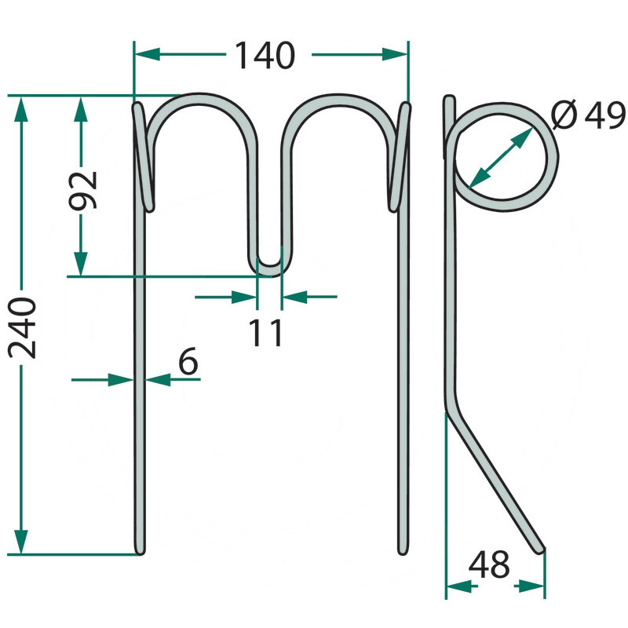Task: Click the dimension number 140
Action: click(x=265, y=55)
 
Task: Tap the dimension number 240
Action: click(x=22, y=327)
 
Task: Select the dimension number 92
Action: click(x=83, y=191)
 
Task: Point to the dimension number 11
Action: click(x=265, y=333)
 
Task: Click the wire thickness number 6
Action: click(x=188, y=361)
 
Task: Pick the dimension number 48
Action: click(x=489, y=564)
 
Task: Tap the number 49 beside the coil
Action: click(x=604, y=115)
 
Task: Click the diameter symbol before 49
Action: click(x=564, y=115)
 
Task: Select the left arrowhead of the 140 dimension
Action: click(x=148, y=54)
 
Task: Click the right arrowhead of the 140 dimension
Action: click(x=395, y=54)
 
